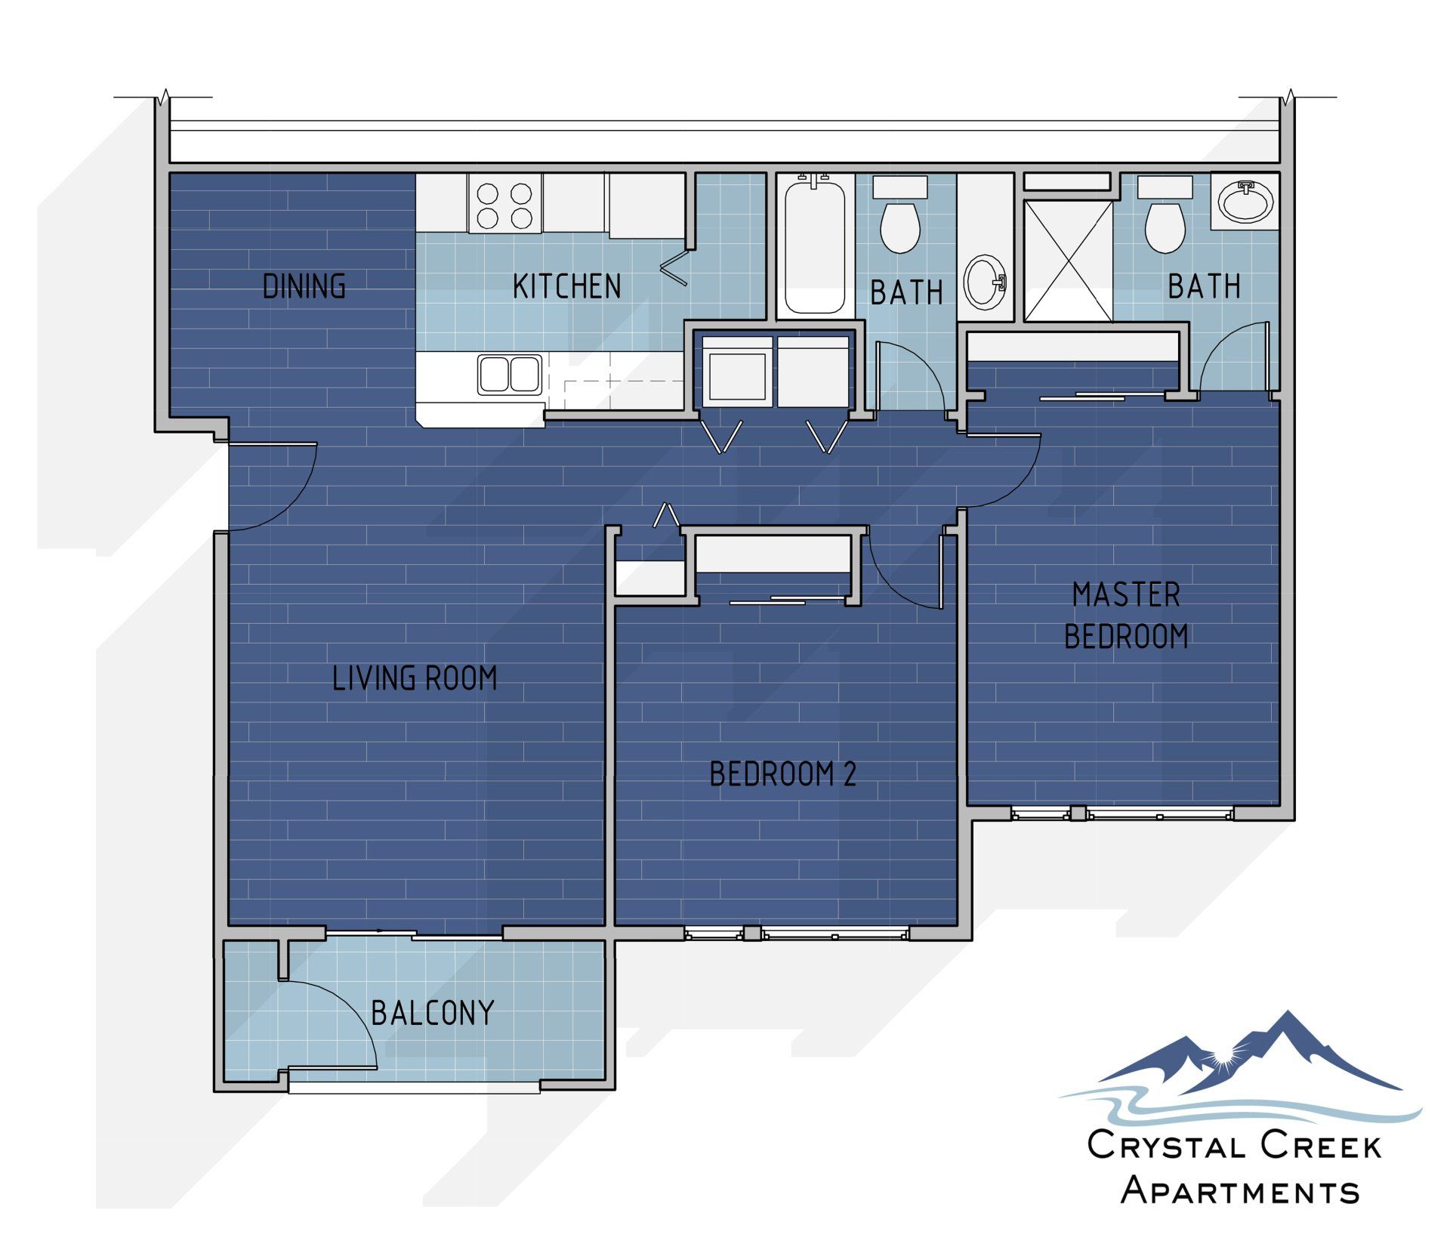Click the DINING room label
click(304, 286)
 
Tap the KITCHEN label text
click(566, 286)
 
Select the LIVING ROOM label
click(415, 678)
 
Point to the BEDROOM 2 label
click(783, 774)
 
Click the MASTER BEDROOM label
click(1126, 616)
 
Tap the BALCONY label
click(433, 1013)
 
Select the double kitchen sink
click(510, 375)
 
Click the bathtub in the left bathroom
click(815, 245)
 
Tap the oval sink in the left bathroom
click(986, 282)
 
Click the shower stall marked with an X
click(1068, 261)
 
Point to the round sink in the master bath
click(1245, 202)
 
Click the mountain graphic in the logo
click(1254, 1057)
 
